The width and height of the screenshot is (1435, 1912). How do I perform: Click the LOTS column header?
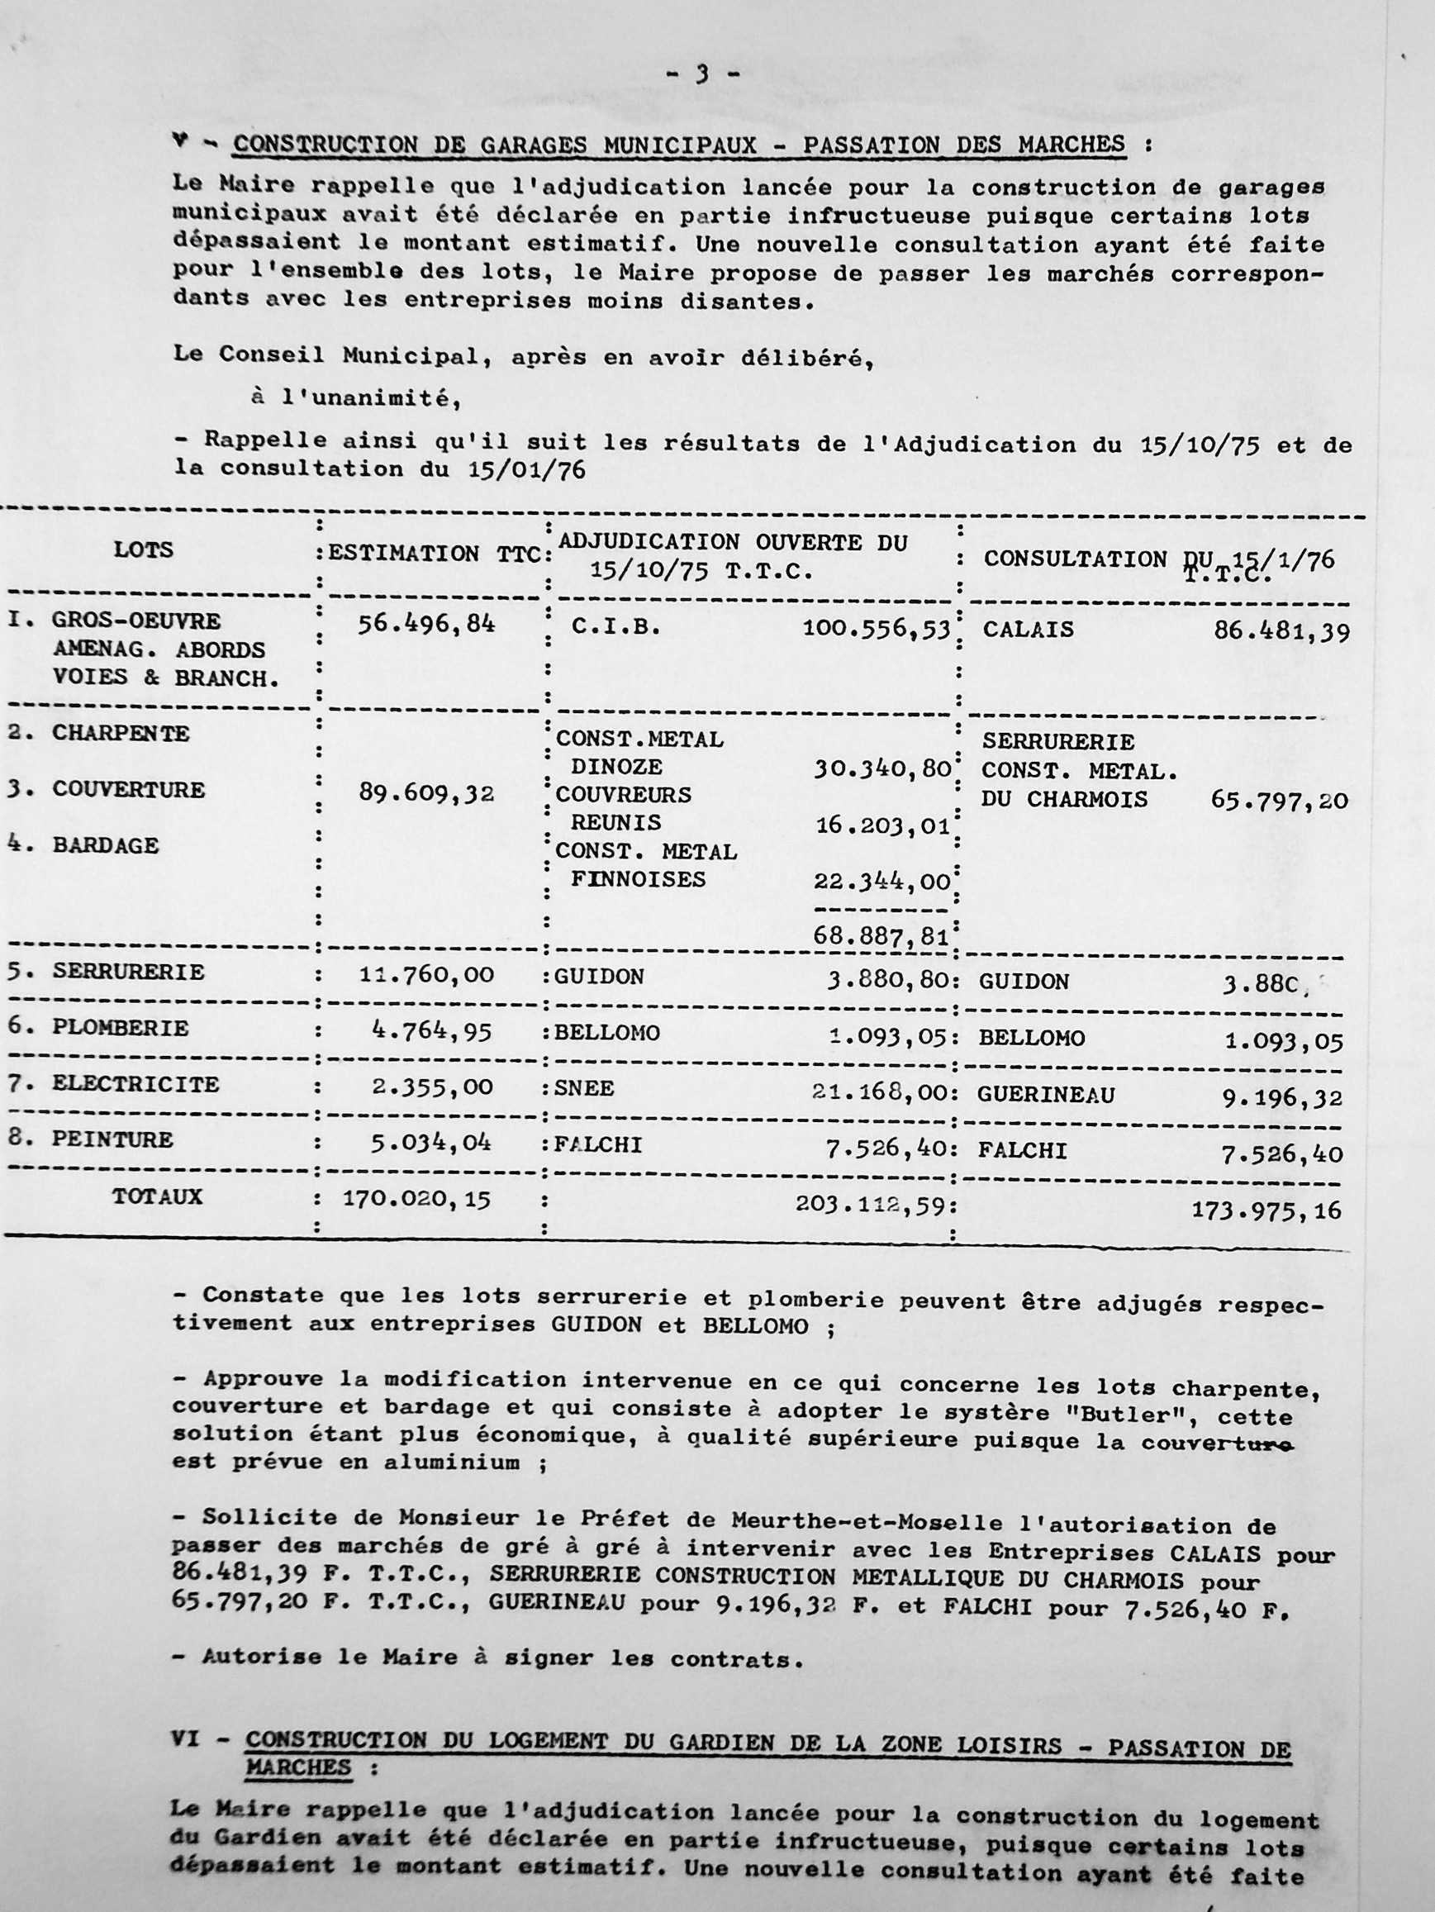coord(144,549)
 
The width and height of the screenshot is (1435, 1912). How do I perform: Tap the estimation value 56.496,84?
coord(427,624)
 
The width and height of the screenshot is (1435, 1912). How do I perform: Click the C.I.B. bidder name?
coord(615,627)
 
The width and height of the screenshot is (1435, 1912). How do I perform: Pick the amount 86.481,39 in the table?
coord(1281,631)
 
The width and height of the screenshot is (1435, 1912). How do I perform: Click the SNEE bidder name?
coord(584,1088)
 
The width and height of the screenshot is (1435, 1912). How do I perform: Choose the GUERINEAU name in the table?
coord(1045,1095)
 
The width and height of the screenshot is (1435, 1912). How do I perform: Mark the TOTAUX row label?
coord(156,1196)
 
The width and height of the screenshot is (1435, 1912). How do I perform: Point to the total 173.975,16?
coord(1266,1210)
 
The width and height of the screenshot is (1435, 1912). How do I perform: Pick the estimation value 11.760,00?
coord(426,975)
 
